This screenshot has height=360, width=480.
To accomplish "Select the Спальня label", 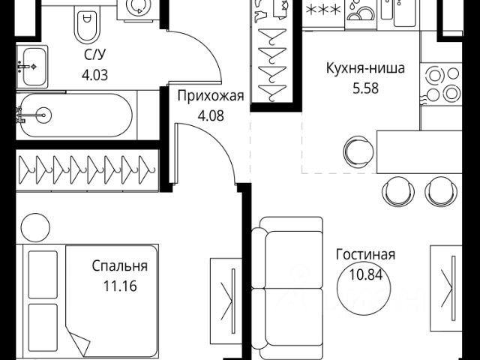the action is click(120, 265).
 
